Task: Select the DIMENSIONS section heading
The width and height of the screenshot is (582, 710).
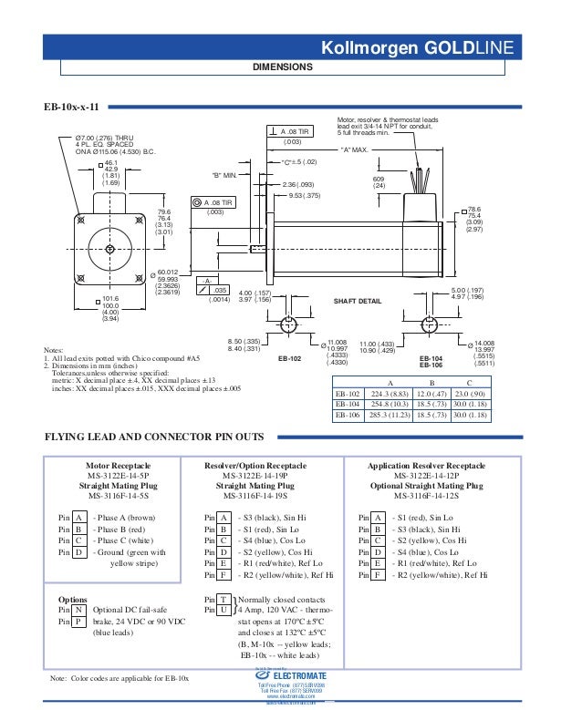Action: click(283, 67)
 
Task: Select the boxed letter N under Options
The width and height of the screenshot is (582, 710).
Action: click(79, 609)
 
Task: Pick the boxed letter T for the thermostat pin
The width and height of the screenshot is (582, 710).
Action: click(223, 598)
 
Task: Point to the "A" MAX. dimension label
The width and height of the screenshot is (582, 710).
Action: click(354, 149)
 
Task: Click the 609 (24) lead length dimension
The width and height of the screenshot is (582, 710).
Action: click(379, 182)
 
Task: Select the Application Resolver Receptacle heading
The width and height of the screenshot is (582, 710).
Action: click(427, 466)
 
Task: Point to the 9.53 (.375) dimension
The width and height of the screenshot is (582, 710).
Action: click(304, 195)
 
